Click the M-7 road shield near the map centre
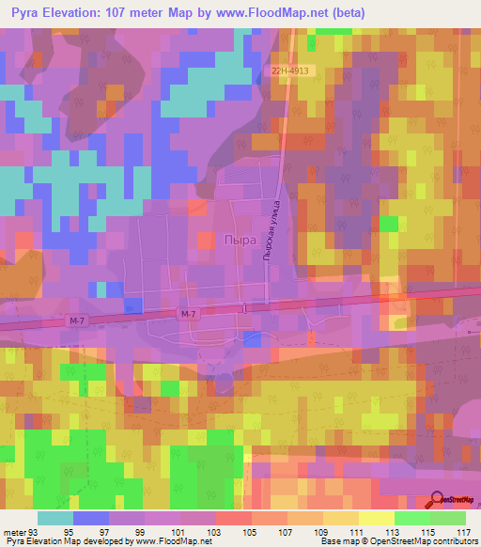click(188, 314)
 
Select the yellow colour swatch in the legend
click(376, 518)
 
